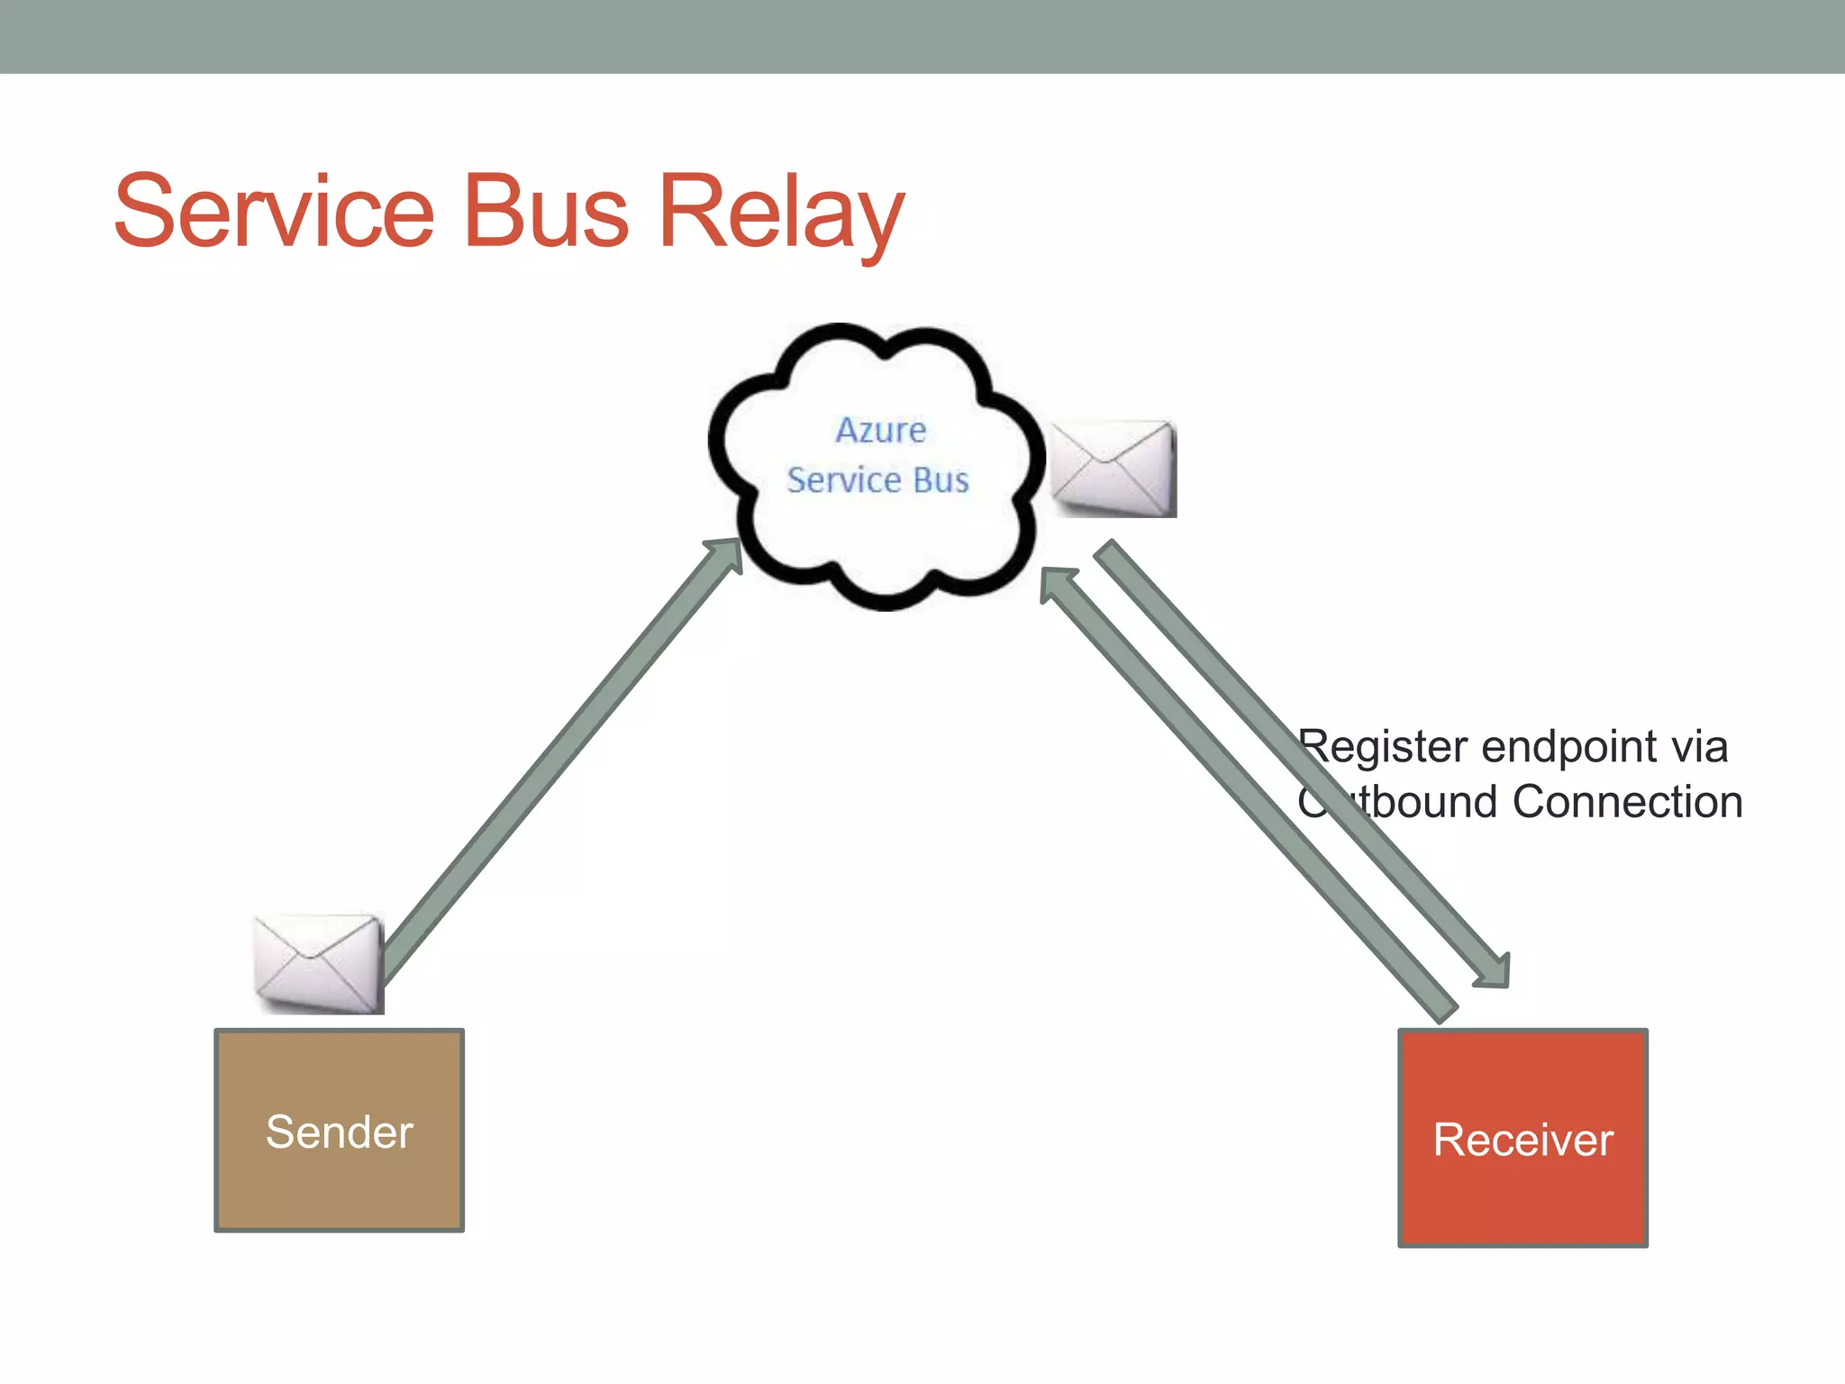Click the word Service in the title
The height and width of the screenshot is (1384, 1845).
coord(275,212)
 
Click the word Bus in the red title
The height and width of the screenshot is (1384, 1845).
coord(545,212)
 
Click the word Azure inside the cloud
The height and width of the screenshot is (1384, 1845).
coord(880,430)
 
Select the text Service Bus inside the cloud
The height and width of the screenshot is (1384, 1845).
coord(877,480)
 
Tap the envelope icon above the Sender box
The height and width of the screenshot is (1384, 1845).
coord(318,962)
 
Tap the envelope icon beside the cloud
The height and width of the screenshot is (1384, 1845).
coord(1113,469)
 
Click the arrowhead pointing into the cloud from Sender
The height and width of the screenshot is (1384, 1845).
coord(727,552)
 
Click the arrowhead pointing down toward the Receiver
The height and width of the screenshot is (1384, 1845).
coord(1494,971)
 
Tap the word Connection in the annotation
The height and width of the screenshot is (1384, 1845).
coord(1627,802)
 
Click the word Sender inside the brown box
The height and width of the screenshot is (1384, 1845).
coord(340,1132)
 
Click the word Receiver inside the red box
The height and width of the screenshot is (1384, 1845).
coord(1522,1140)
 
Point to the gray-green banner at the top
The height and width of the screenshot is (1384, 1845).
coord(922,36)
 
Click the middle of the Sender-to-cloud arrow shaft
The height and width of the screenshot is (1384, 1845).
coord(559,766)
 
